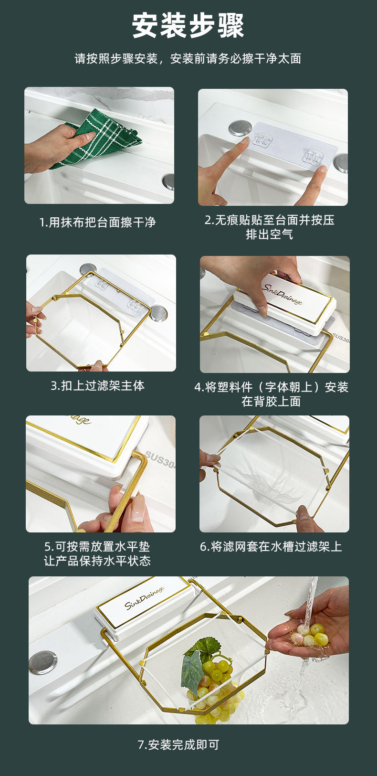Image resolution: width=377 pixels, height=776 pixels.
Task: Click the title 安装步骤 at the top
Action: coord(188,26)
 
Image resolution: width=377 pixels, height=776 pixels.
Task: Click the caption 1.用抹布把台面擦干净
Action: coord(98,222)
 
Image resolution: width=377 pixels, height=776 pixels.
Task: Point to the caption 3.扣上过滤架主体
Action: coord(98,385)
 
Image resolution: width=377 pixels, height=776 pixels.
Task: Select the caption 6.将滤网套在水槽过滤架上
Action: coord(271,546)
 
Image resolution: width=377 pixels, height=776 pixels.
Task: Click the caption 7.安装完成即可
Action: coord(178,744)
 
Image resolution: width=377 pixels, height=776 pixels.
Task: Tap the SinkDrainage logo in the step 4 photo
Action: coord(282,294)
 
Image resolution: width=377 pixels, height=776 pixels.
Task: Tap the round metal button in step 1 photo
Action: coord(168,181)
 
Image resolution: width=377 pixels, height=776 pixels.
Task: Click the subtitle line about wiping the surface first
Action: coord(188,59)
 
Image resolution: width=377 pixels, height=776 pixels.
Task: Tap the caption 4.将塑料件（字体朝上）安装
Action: coord(271,387)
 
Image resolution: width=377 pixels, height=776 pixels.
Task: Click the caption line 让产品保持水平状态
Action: coord(98,561)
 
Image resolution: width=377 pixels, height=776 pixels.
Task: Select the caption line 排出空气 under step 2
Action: coord(269,234)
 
